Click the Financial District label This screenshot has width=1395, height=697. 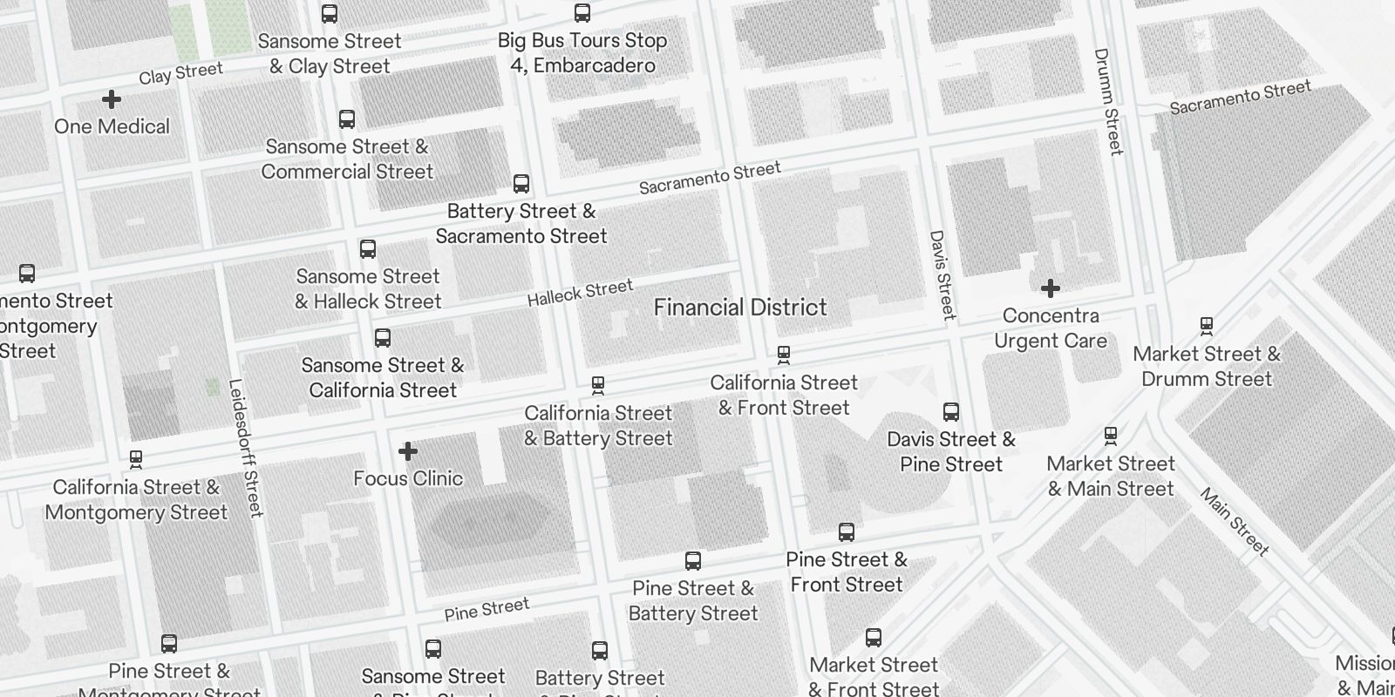tap(740, 308)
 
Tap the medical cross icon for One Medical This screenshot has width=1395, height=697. tap(112, 99)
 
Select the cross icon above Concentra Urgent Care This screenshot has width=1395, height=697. tap(1051, 288)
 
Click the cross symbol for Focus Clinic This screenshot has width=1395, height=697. tap(408, 451)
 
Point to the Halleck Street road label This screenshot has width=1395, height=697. tap(580, 293)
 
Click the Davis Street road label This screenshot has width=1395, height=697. tap(942, 274)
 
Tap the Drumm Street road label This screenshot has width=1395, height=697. tap(1107, 102)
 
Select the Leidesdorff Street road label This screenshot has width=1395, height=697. tap(245, 448)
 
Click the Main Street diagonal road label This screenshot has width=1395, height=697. tap(1235, 522)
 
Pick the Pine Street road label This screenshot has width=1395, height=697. tap(487, 609)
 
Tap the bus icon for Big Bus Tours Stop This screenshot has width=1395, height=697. tap(582, 13)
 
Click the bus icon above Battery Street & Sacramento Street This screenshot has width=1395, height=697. tap(521, 184)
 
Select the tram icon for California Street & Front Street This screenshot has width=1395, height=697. tap(784, 355)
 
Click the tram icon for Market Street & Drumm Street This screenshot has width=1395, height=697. tap(1207, 327)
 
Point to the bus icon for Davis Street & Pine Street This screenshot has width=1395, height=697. tap(951, 412)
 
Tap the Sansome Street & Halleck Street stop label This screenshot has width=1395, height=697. tap(368, 289)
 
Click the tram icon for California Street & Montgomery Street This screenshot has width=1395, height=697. tap(136, 459)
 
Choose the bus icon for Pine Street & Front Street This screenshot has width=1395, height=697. tap(847, 532)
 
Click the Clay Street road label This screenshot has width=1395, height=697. tap(180, 73)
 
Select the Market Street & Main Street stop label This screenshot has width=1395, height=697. tap(1111, 476)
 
